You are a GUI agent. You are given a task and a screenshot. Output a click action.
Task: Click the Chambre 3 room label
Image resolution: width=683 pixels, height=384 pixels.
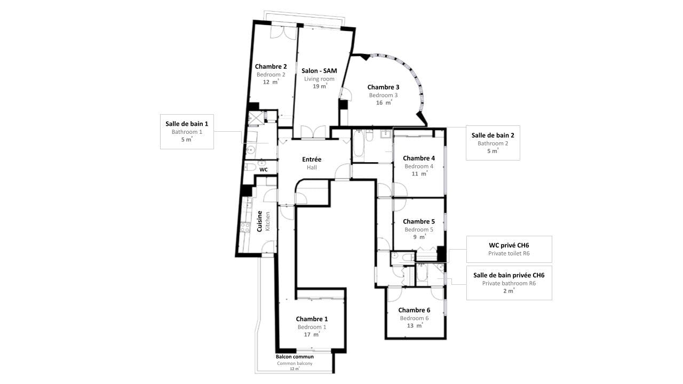point(383,87)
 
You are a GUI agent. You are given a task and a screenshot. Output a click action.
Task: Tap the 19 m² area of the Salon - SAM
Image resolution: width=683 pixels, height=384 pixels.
point(320,86)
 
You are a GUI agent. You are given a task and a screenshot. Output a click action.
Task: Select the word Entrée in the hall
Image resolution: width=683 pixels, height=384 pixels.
point(312,159)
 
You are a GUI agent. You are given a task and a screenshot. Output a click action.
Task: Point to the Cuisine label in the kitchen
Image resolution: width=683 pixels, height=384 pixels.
point(259,221)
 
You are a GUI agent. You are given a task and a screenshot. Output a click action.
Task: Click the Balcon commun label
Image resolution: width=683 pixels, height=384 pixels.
point(295,357)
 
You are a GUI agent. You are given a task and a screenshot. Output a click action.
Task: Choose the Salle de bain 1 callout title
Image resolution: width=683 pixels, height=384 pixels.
point(187,124)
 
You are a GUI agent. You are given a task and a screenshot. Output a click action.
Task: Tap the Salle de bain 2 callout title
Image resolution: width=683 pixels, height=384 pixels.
point(493,135)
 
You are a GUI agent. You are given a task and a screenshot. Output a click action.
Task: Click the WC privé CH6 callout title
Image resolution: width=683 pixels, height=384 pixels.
point(509,245)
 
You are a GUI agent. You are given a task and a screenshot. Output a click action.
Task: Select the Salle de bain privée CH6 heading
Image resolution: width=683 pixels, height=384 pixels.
point(509,275)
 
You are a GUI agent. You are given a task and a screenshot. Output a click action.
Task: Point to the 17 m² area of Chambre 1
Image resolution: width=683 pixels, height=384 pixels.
point(312,334)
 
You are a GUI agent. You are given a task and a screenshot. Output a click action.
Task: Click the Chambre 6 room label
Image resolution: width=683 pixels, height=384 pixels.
point(414,310)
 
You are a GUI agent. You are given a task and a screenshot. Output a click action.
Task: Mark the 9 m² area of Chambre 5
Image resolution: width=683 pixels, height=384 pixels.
point(419,237)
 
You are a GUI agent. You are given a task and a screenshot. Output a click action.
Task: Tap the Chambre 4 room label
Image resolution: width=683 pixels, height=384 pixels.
point(419,158)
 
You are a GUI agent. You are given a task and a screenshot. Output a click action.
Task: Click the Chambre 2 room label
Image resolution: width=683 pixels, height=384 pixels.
point(271,67)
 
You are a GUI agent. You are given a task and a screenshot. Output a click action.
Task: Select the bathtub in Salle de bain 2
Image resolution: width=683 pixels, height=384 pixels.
point(359,147)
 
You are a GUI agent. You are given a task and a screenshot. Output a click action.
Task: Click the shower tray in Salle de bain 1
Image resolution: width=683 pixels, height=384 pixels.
point(255,118)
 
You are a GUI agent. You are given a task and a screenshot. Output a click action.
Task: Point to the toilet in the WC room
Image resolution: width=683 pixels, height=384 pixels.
point(251,167)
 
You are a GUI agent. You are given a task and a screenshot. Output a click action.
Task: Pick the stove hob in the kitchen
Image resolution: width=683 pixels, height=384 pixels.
point(245,227)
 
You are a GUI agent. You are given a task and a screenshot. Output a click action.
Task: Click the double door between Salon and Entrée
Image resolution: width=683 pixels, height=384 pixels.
point(313,132)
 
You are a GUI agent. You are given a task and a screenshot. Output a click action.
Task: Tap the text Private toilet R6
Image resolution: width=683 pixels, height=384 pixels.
point(509,253)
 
